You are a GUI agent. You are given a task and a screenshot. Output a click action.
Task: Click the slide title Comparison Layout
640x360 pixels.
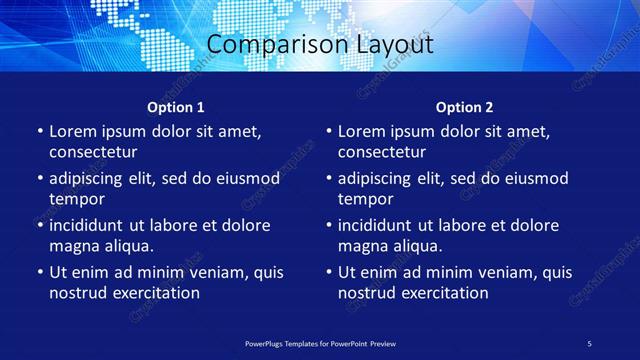pos(320,45)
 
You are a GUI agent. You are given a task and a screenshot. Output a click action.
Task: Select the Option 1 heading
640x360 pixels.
pos(176,107)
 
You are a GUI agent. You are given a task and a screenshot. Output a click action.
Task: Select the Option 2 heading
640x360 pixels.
pos(465,107)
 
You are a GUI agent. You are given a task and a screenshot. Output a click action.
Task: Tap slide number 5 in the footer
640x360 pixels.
pos(589,343)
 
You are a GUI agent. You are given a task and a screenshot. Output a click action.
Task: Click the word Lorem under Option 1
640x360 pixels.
pos(72,131)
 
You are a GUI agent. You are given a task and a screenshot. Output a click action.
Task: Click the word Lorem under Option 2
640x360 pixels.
pos(361,131)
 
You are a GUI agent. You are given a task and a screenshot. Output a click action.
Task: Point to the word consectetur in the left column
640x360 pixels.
pos(93,152)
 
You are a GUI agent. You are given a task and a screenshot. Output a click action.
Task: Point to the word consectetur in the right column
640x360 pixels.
pos(382,152)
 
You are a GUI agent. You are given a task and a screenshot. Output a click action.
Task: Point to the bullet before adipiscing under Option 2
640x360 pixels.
pos(328,179)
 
